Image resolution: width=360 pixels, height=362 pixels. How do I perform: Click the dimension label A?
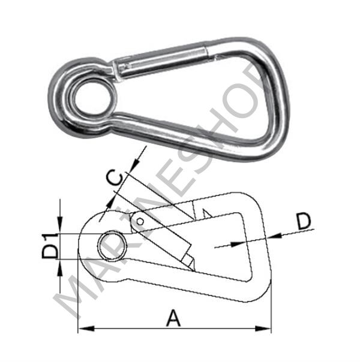[173, 318]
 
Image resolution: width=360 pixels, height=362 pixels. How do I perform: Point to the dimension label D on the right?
[305, 222]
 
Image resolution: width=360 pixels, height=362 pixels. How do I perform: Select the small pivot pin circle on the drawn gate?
[140, 222]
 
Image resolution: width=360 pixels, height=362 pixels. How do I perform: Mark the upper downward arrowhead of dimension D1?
[61, 229]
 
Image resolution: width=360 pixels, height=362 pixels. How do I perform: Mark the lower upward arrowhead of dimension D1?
[61, 264]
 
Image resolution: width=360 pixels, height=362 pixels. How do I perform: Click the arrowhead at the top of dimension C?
[137, 157]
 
